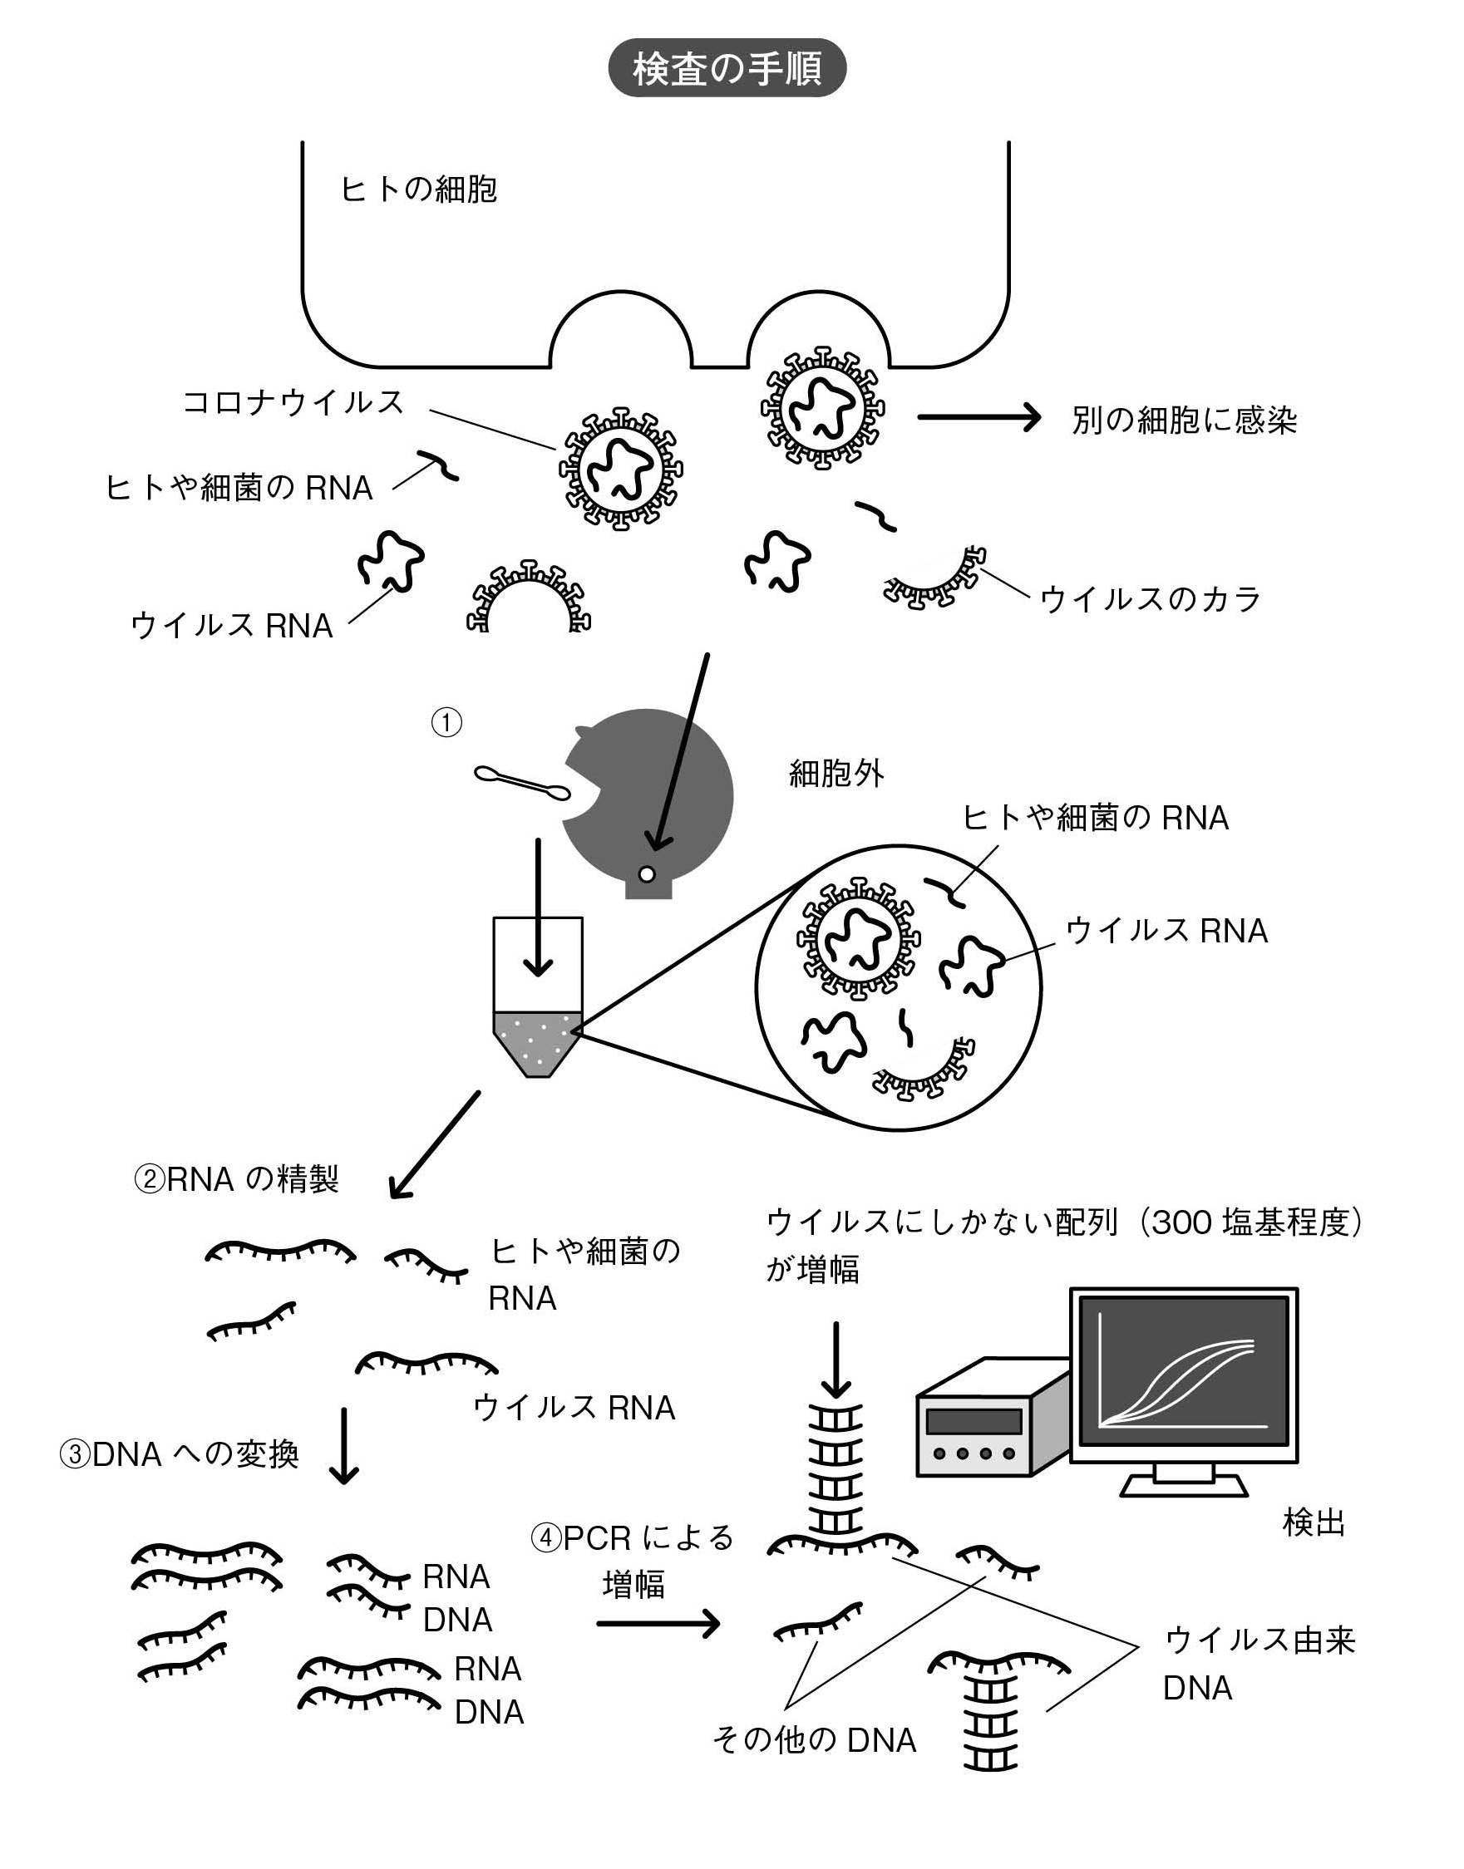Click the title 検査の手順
(727, 67)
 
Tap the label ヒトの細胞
(418, 189)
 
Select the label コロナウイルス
(293, 401)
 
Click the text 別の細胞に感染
(1184, 420)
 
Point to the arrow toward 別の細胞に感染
(978, 417)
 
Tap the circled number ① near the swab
(446, 722)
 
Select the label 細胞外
(836, 774)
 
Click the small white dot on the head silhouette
(646, 874)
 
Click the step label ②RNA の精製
(237, 1179)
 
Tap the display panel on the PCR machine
(974, 1421)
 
